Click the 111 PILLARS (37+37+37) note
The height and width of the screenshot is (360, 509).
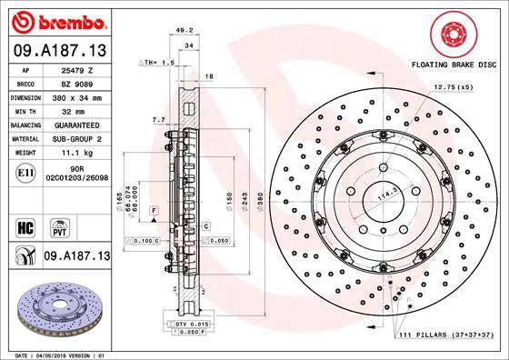pos(446,336)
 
